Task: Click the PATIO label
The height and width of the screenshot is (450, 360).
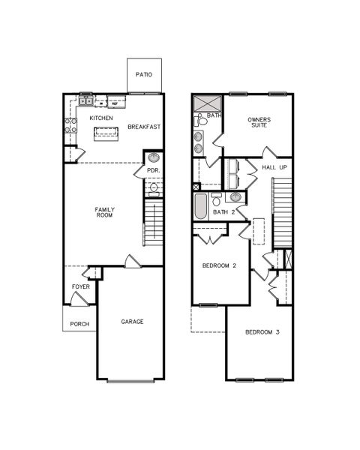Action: pyautogui.click(x=143, y=75)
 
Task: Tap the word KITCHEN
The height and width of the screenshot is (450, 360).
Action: pyautogui.click(x=101, y=118)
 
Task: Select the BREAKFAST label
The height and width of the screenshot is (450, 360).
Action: pyautogui.click(x=143, y=127)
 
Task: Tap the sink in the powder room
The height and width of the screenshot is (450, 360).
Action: pyautogui.click(x=154, y=158)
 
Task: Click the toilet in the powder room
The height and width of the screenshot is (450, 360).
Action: pyautogui.click(x=154, y=188)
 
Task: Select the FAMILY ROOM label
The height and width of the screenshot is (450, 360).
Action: pyautogui.click(x=103, y=211)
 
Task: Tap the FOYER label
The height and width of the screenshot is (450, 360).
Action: pyautogui.click(x=81, y=287)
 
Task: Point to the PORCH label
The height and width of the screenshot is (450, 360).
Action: pyautogui.click(x=79, y=324)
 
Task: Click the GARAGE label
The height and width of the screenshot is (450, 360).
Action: pyautogui.click(x=133, y=322)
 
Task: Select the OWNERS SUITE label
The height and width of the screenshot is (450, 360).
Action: pyautogui.click(x=259, y=122)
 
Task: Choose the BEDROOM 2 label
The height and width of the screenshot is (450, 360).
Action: pyautogui.click(x=220, y=265)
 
